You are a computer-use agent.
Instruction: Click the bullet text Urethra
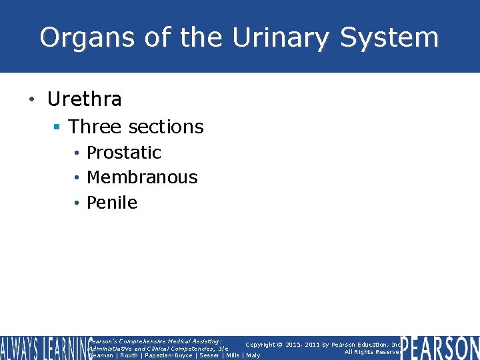point(85,99)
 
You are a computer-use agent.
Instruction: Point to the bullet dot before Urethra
point(31,100)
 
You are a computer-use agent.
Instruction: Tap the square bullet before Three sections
point(57,127)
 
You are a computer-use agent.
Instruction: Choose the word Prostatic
point(124,152)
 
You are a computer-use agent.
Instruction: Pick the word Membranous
point(142,177)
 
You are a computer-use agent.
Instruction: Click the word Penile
point(112,203)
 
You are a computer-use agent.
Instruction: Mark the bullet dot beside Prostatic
point(77,153)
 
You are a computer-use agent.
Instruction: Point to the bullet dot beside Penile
point(77,203)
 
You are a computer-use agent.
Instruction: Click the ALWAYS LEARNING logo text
point(41,347)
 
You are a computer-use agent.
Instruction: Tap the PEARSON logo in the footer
point(440,348)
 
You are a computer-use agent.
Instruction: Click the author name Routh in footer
point(129,355)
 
